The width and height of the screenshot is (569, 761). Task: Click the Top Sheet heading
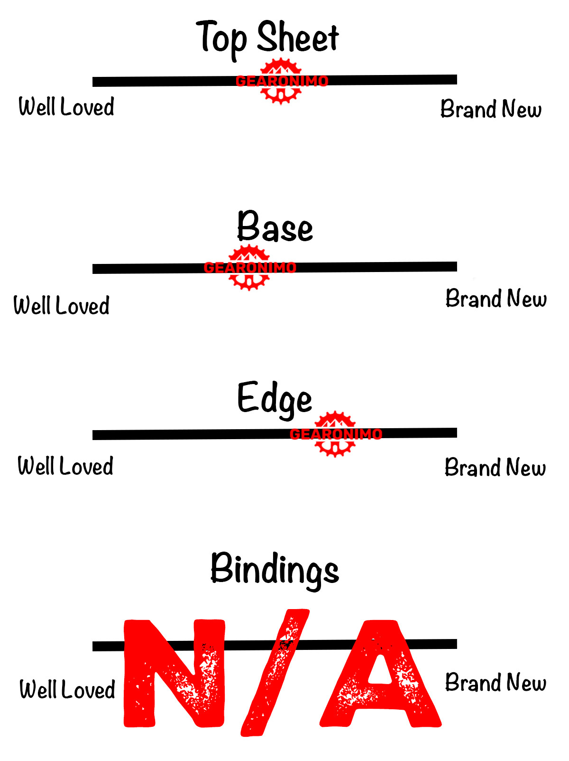click(267, 38)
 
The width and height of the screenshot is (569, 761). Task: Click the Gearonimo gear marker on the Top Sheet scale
click(281, 81)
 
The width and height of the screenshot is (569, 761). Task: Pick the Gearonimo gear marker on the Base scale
click(249, 268)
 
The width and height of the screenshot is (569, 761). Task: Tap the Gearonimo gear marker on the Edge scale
click(335, 434)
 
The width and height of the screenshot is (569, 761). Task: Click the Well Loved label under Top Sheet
click(66, 106)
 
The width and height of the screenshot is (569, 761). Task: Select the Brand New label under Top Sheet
click(491, 109)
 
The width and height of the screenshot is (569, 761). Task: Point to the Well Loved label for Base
click(61, 305)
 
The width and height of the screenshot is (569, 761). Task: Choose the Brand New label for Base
click(496, 299)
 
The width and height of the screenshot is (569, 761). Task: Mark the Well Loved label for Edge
click(65, 466)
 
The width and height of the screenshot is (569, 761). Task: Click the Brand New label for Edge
click(495, 468)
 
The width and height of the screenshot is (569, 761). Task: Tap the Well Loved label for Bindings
click(67, 689)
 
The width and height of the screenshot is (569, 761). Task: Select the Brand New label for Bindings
click(496, 683)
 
